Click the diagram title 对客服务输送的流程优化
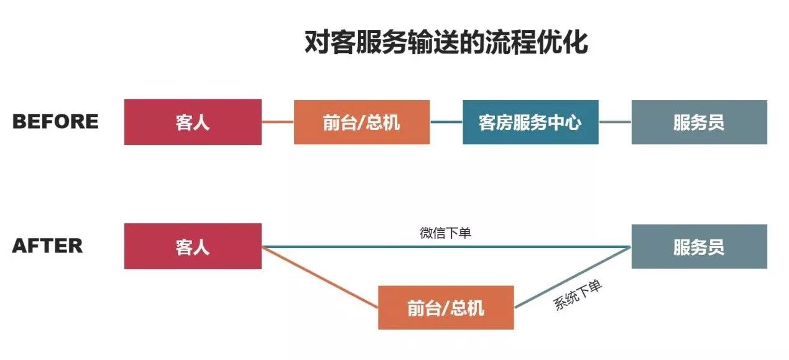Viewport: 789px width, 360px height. (x=446, y=42)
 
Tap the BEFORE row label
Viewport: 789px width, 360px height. (x=55, y=121)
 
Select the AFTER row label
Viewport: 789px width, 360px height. (x=47, y=246)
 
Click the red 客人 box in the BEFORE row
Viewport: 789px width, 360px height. (x=193, y=122)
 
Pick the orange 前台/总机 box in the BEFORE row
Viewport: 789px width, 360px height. (x=362, y=122)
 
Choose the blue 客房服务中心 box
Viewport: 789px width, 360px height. (x=530, y=122)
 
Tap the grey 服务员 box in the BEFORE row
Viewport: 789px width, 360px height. (x=699, y=122)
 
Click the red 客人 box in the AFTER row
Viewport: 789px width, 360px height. (x=193, y=246)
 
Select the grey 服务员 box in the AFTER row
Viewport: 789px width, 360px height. (x=699, y=247)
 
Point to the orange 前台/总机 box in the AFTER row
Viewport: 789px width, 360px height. (x=446, y=308)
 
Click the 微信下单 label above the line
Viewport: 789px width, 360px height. (x=446, y=233)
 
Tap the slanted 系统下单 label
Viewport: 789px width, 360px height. (x=578, y=295)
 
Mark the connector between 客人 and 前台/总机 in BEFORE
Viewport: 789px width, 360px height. (x=278, y=122)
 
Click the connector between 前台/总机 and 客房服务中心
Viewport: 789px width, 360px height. (x=446, y=122)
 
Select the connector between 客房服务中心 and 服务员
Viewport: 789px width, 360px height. (x=615, y=122)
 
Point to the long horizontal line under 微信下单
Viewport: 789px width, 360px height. (x=446, y=247)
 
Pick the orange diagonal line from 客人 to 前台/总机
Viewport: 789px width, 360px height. (x=320, y=277)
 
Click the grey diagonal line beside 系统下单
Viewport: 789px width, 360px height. (x=573, y=277)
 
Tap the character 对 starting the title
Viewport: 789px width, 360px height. (x=317, y=42)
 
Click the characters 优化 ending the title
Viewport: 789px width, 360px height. (x=563, y=42)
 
